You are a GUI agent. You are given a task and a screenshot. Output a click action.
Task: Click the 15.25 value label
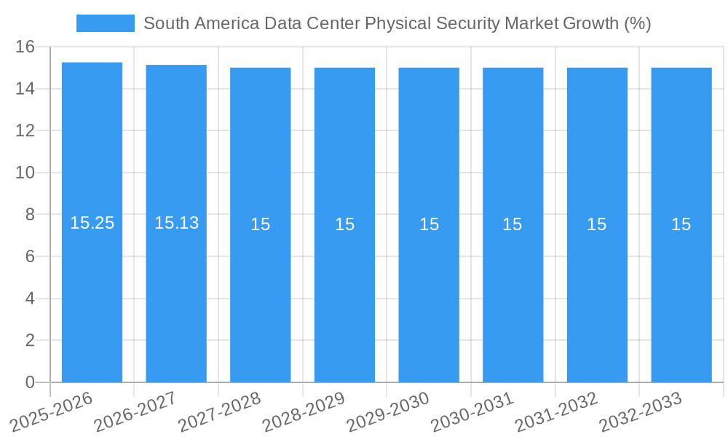[92, 223]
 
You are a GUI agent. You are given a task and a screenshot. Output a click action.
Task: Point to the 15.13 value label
[176, 223]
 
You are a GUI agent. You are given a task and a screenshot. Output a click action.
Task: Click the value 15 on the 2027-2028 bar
[261, 224]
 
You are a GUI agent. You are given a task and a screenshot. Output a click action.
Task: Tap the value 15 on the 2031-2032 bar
[597, 224]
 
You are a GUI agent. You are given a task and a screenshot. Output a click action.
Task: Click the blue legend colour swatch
[106, 23]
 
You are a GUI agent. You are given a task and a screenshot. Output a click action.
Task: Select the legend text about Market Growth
[397, 23]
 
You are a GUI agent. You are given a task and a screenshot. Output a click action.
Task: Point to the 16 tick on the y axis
[25, 47]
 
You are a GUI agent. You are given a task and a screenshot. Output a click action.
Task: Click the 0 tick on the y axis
[30, 382]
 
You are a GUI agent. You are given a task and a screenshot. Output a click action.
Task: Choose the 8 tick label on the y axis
[30, 215]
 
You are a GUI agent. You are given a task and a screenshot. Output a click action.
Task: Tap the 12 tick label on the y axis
[25, 131]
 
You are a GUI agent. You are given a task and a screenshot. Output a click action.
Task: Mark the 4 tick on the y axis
[30, 299]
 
